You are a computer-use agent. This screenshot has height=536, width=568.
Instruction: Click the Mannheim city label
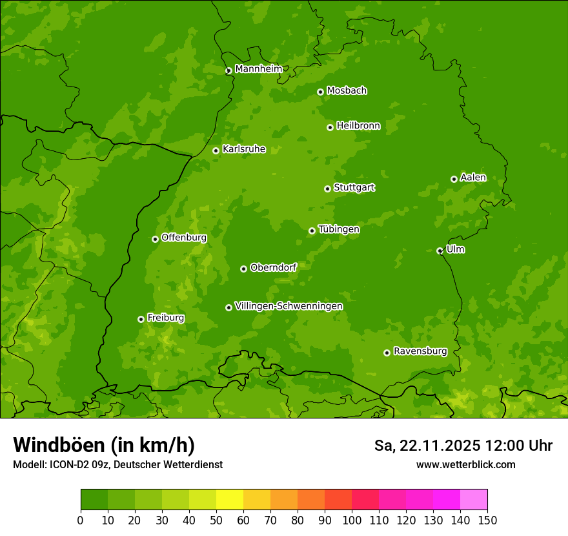(258, 69)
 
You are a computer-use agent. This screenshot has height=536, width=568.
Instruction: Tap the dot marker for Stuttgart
(327, 189)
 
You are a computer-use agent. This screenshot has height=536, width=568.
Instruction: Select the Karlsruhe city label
(244, 149)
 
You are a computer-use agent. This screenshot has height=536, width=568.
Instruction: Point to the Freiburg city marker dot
(141, 319)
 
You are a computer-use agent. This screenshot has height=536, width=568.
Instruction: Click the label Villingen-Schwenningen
(289, 306)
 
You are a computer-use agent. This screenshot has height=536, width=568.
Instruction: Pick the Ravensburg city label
(420, 351)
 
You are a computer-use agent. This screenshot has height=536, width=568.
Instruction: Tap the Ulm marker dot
(440, 251)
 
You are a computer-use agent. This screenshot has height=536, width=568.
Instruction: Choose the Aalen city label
(473, 178)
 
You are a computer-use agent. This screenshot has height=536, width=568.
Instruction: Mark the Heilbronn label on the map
(358, 126)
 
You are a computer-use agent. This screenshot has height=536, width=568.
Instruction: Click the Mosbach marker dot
(320, 92)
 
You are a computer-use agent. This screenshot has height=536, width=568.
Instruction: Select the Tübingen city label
(339, 229)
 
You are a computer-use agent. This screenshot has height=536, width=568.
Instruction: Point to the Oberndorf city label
(273, 267)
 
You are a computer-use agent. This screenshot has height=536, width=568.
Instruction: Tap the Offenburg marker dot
(155, 239)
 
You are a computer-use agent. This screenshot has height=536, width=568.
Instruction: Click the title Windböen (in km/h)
(104, 445)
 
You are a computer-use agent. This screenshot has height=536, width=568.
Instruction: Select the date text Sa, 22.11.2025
(427, 446)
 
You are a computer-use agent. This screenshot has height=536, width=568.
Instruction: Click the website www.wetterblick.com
(465, 464)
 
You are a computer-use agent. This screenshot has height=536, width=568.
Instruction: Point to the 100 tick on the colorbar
(352, 520)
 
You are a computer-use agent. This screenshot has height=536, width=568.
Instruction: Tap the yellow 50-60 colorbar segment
(230, 500)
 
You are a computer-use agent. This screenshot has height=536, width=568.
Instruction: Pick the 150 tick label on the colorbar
(487, 520)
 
